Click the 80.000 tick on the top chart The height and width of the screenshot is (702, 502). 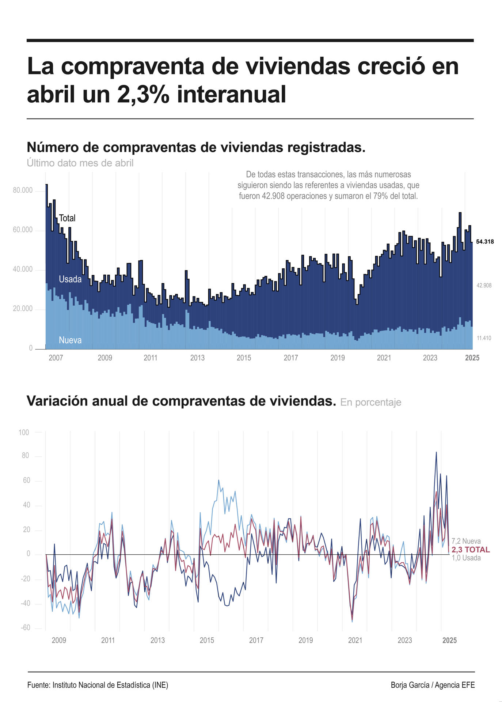coord(23,190)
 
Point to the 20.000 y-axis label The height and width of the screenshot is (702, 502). coord(23,309)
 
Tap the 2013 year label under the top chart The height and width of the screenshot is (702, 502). coord(197,358)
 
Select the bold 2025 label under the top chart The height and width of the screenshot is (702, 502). coord(472,358)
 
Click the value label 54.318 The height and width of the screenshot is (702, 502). coord(485,242)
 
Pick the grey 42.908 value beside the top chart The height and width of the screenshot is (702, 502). coord(484,286)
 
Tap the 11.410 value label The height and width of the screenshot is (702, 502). coord(484,338)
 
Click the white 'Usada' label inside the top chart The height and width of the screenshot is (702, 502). coord(70,279)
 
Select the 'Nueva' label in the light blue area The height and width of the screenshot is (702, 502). coord(70,340)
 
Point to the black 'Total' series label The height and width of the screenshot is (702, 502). coord(67,218)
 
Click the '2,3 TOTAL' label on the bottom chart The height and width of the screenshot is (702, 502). coord(471,550)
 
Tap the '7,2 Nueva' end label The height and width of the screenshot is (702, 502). coord(466,541)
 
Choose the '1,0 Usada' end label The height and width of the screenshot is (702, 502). coord(466,558)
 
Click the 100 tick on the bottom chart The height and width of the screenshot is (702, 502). coord(24,433)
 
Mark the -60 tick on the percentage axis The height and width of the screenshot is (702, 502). coord(25,628)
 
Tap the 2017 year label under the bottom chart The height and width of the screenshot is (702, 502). coord(256,640)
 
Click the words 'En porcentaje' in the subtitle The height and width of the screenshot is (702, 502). coord(371,403)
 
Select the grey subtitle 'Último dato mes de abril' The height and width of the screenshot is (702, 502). coord(80,163)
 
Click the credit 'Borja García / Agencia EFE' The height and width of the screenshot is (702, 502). coord(433,685)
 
